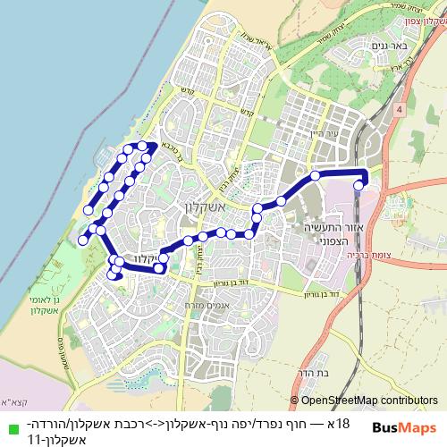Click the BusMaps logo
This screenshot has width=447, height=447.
click(x=404, y=427)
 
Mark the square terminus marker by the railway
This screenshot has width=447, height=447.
click(x=358, y=186)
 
